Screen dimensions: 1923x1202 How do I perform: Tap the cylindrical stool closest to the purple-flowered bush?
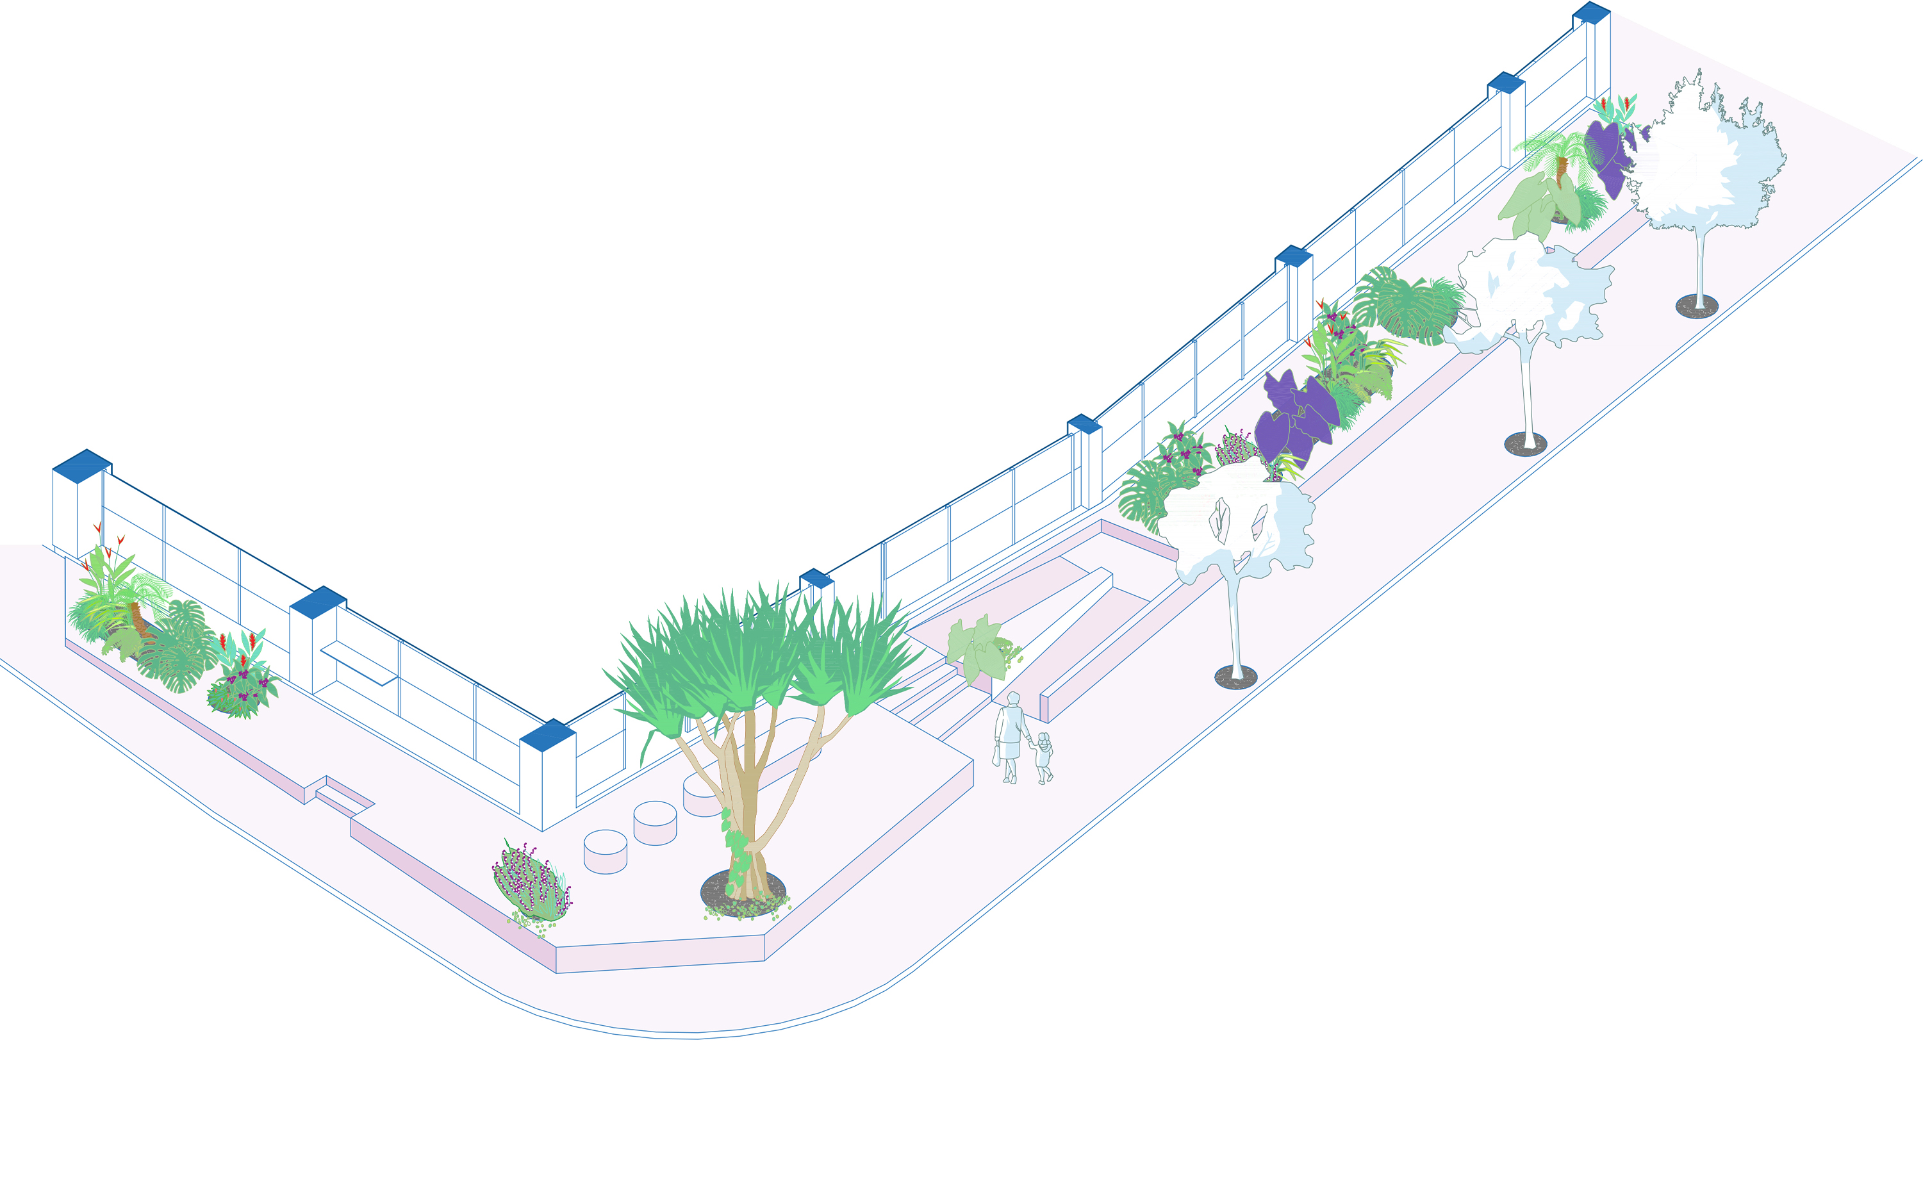(605, 852)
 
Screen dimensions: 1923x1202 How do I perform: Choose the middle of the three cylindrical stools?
(654, 822)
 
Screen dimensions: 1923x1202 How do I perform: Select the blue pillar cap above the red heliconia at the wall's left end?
(81, 465)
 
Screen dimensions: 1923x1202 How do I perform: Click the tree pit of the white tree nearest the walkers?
(1235, 677)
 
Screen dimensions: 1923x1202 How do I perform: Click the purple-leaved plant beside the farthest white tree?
(1607, 155)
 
